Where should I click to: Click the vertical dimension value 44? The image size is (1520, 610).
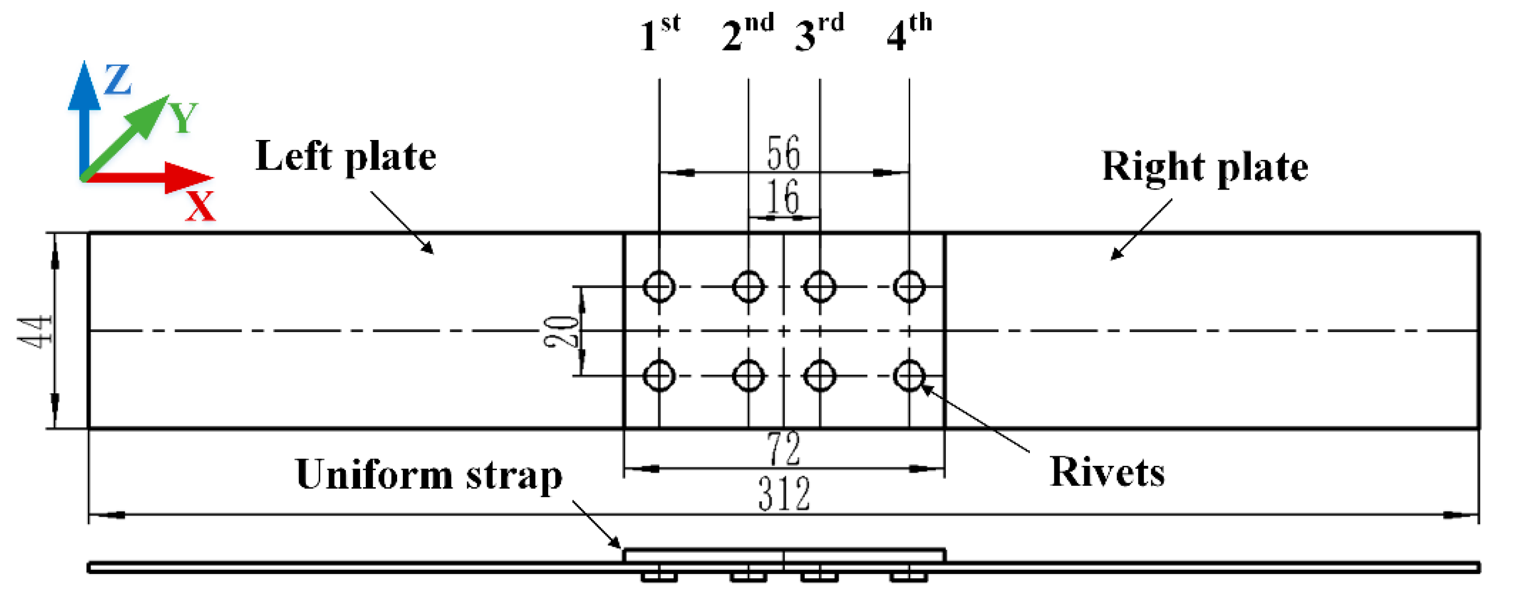click(34, 331)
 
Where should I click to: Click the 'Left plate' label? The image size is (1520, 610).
click(345, 156)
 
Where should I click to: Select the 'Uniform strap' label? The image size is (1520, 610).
click(428, 475)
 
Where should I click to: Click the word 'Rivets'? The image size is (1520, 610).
click(1107, 473)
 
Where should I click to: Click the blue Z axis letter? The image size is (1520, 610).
click(118, 79)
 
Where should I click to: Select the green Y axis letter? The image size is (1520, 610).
click(183, 118)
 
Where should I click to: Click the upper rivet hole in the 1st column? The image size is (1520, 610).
click(659, 287)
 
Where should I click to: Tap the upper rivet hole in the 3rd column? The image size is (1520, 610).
click(820, 287)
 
